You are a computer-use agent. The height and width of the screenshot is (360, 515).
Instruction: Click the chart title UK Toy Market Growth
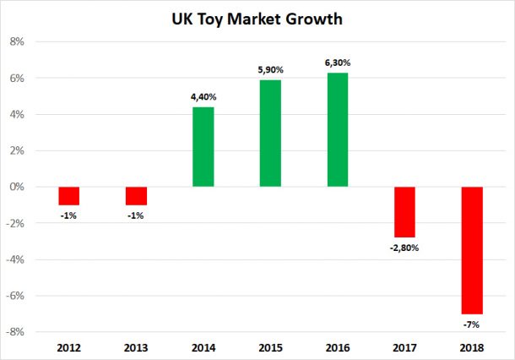tap(257, 17)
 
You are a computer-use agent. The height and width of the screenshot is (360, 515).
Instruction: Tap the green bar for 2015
tap(270, 134)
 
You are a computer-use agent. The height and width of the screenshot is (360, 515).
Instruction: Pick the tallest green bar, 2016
tap(337, 129)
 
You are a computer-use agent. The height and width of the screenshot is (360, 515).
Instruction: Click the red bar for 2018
tap(471, 250)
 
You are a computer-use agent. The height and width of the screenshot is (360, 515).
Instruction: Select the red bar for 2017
tap(404, 211)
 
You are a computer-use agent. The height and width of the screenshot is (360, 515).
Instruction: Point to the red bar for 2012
tap(68, 195)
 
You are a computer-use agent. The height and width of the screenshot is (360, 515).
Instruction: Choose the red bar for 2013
tap(136, 195)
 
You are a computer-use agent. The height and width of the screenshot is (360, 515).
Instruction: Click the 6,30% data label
tap(337, 63)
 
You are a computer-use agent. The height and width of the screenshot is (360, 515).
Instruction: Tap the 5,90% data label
tap(270, 70)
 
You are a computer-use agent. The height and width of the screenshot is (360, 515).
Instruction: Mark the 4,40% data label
tap(203, 97)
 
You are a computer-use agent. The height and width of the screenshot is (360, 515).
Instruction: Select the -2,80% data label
tap(404, 248)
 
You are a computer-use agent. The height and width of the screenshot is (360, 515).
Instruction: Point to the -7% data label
tap(471, 324)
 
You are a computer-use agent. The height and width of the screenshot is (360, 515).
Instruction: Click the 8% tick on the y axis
tap(18, 41)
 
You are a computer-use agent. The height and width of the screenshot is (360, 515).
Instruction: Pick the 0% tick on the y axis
tap(18, 187)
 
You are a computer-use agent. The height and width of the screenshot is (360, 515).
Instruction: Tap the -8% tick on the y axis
tap(16, 332)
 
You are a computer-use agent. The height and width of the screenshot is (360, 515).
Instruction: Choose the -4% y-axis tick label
tap(16, 259)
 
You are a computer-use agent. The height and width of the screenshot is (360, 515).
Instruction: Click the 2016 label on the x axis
tap(337, 347)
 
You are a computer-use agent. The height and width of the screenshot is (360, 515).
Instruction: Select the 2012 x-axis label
tap(68, 347)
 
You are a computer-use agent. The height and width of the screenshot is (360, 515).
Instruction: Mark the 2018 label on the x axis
tap(471, 347)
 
